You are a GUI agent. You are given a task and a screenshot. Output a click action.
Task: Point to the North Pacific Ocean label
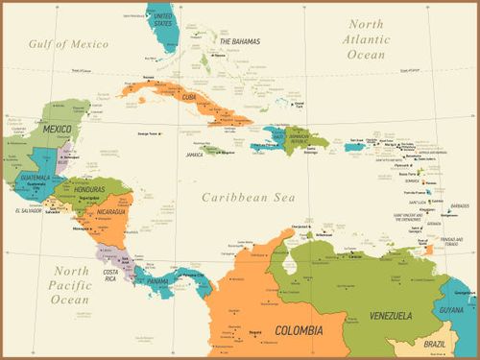[x=70, y=285]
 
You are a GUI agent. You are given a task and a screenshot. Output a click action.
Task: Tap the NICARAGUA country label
[x=114, y=212]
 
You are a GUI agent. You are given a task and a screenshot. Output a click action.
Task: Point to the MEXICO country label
[x=57, y=129]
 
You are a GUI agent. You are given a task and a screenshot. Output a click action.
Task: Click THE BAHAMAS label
[x=239, y=41]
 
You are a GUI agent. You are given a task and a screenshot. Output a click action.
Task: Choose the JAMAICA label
[x=194, y=154]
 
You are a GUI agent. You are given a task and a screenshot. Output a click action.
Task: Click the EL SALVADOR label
[x=29, y=209]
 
